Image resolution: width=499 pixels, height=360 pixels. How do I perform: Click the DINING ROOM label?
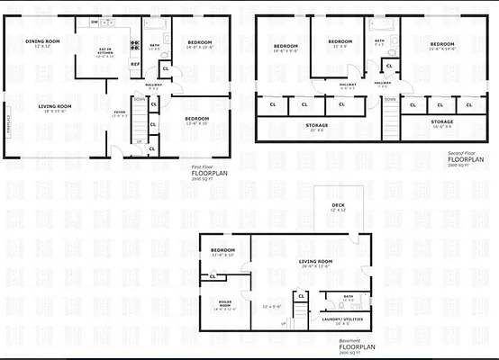(x=41, y=41)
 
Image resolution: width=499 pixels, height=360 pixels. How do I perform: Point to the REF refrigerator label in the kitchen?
(x=135, y=64)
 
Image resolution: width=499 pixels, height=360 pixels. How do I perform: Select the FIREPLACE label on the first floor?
(x=8, y=118)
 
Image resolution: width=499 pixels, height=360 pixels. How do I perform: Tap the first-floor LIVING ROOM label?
(x=55, y=107)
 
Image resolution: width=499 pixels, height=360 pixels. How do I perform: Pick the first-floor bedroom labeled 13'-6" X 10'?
(x=196, y=119)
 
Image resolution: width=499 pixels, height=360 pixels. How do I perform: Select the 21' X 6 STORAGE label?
(x=316, y=126)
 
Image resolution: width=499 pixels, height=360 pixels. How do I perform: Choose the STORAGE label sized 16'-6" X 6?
(x=441, y=121)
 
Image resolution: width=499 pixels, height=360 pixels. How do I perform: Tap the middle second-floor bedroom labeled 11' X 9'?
(x=339, y=41)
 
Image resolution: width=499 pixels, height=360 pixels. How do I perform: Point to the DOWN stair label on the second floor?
(x=389, y=99)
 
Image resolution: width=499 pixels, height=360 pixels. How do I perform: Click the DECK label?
(x=338, y=206)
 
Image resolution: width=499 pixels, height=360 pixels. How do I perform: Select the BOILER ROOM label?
(x=225, y=304)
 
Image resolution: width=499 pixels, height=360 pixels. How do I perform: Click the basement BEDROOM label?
(x=223, y=249)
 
